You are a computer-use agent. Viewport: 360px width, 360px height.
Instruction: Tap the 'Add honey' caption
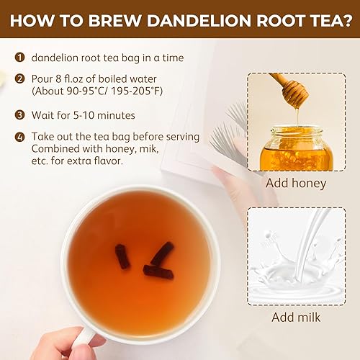click(296, 183)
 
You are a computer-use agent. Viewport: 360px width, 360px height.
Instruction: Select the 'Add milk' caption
click(296, 317)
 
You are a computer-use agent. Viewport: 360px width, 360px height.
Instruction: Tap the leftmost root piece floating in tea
click(122, 256)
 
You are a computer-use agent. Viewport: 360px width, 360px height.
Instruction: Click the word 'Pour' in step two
click(44, 78)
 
